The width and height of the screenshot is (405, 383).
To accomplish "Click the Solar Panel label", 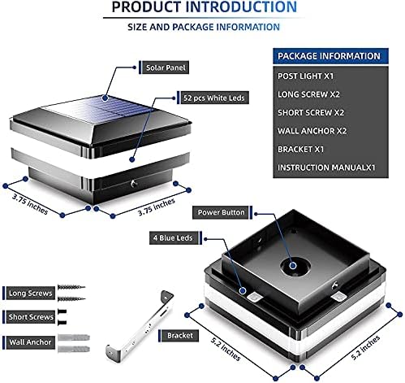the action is click(x=166, y=67).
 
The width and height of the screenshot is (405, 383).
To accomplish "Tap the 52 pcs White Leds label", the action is click(x=214, y=98).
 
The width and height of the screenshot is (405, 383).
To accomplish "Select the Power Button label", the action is click(x=221, y=212).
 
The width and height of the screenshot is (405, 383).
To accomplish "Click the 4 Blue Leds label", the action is click(x=173, y=238).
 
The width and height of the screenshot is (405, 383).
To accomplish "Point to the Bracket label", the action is click(x=180, y=336).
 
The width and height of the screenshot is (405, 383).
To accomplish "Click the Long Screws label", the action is click(x=30, y=293).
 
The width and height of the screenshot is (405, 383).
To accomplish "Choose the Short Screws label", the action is click(x=31, y=317).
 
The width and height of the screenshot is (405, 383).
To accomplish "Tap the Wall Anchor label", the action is click(x=30, y=342).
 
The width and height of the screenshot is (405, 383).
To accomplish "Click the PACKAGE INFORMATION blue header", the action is click(x=330, y=56).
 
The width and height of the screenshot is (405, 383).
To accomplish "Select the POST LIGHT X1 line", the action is click(x=305, y=76).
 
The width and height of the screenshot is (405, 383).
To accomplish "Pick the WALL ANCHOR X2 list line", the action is click(x=312, y=131).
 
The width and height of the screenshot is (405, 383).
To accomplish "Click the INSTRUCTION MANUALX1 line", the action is click(x=326, y=168).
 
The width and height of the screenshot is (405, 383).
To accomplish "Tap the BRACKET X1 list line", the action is click(x=300, y=150).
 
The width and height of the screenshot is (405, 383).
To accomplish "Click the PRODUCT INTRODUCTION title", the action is click(x=205, y=7).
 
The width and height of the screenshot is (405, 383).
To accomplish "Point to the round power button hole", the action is click(x=293, y=267).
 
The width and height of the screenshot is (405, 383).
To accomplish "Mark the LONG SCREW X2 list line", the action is click(x=308, y=94).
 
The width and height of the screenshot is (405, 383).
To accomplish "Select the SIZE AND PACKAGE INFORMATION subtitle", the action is click(x=204, y=27).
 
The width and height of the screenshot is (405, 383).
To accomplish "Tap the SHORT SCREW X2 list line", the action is click(x=311, y=113).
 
